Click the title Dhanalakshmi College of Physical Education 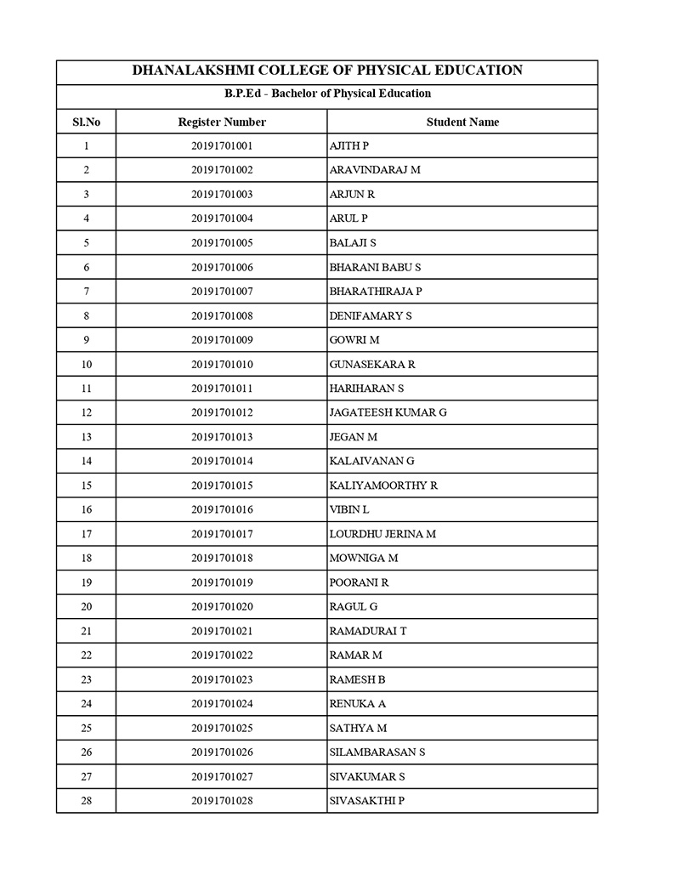[327, 71]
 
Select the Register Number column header [222, 122]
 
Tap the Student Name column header [462, 122]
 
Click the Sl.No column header [86, 122]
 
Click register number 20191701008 [222, 316]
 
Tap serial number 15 [86, 485]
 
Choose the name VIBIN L [348, 510]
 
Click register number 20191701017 [222, 534]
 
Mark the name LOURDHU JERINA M [382, 534]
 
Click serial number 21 [86, 631]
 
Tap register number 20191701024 [222, 704]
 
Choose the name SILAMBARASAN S [377, 752]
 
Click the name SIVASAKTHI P [366, 801]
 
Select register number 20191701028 [222, 801]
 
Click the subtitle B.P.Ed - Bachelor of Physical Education [327, 94]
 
